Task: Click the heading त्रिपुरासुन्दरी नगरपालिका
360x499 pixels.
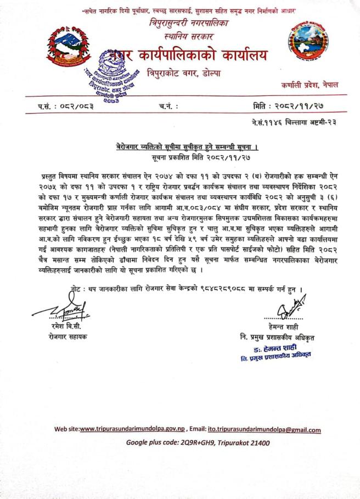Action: click(x=181, y=24)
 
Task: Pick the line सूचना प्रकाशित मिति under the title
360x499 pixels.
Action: click(x=181, y=157)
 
